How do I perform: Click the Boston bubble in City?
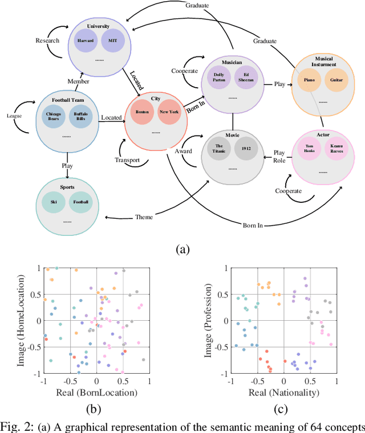(x=143, y=112)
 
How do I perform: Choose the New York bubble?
(x=169, y=112)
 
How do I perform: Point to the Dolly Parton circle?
(x=218, y=77)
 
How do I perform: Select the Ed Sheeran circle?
(x=245, y=77)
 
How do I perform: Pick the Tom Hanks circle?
(x=309, y=150)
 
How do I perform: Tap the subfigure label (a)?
(x=182, y=248)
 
